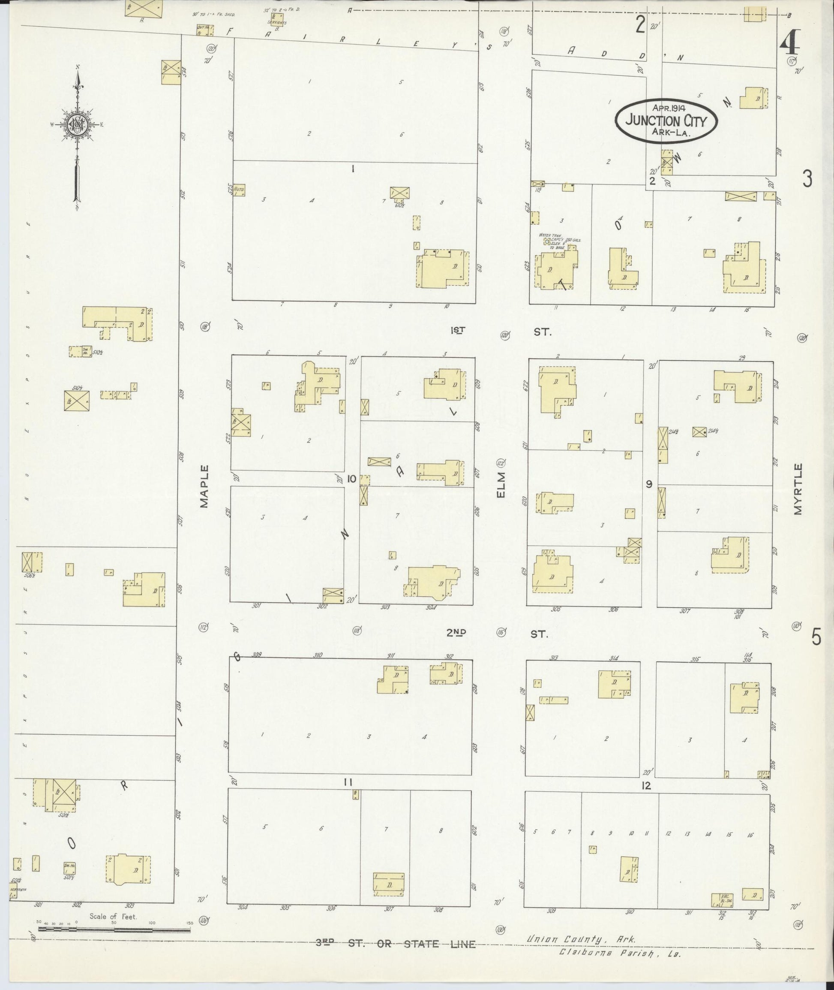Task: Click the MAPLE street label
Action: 204,486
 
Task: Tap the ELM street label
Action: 501,485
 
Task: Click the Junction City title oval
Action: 666,120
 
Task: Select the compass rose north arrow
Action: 77,137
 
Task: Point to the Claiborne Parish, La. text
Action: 619,953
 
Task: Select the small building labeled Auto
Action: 239,190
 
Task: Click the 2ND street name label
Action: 457,633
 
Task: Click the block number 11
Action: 348,782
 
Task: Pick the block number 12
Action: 646,785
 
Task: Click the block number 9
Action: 649,484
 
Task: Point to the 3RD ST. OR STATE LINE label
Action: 396,944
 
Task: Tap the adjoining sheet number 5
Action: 816,638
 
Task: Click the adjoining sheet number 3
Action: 807,179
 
